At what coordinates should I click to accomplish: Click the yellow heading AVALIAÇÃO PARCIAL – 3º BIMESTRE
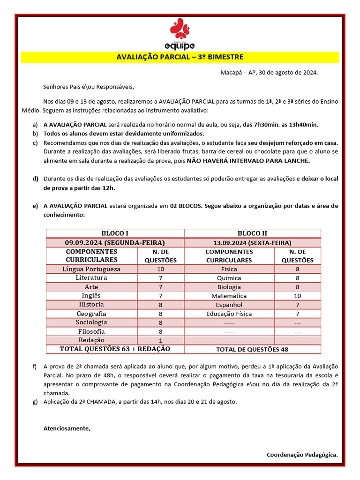coord(180,57)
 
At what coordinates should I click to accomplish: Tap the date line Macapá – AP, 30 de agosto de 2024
coord(269,73)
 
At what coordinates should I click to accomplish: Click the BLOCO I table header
coord(115,233)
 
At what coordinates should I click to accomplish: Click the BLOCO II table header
coord(252,233)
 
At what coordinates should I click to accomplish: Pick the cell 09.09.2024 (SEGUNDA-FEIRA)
coord(115,242)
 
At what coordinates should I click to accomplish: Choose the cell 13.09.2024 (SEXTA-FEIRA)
coord(252,243)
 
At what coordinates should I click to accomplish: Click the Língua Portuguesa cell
coord(91,269)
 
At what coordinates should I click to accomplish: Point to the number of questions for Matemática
coord(297,296)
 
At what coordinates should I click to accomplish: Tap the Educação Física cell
coord(229,314)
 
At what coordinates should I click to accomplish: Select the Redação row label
coord(91,340)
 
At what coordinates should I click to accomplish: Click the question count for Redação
coord(160,340)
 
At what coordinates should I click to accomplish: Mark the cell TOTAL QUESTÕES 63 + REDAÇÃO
coord(115,349)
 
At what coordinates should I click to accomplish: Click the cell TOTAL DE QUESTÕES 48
coord(252,349)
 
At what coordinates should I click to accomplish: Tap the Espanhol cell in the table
coord(229,305)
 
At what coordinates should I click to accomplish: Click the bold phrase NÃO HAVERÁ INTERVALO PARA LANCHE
coord(248,161)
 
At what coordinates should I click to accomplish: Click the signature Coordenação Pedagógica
coord(302,455)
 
